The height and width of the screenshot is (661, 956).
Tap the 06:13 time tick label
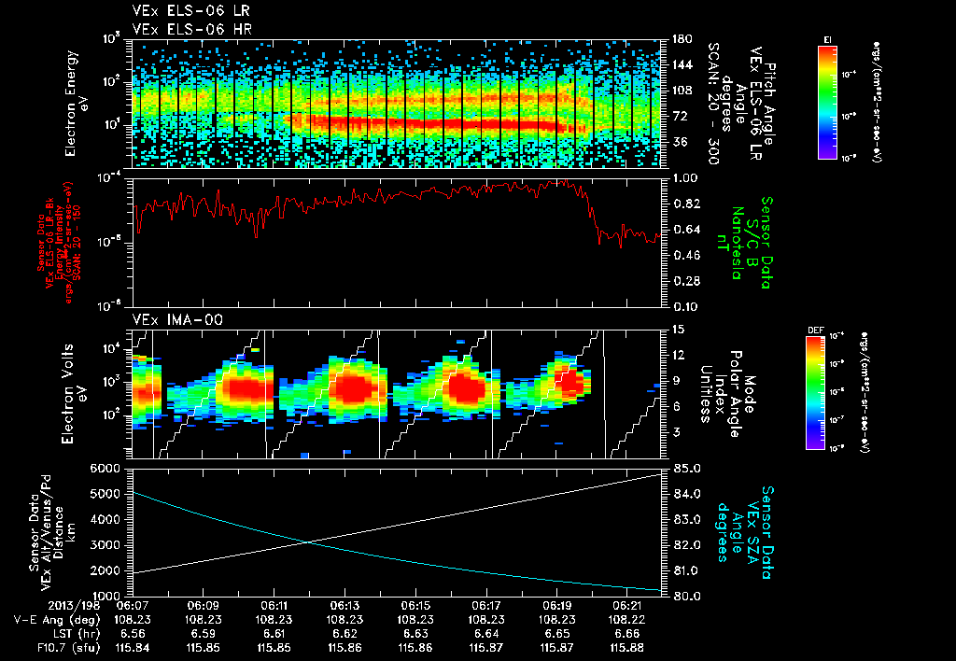[345, 605]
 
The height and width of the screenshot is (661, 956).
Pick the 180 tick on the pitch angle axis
[681, 39]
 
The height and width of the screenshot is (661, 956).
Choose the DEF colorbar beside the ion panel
[816, 390]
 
